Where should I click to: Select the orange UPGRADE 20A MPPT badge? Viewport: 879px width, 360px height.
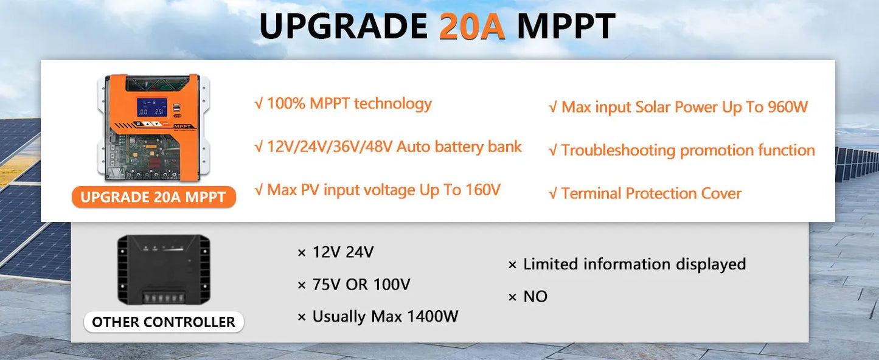click(153, 197)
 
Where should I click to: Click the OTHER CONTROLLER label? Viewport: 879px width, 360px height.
click(164, 322)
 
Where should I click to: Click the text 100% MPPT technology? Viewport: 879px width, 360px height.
click(349, 104)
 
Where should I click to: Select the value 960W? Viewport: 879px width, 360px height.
click(787, 108)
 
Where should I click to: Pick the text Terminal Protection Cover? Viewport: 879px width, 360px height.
click(651, 193)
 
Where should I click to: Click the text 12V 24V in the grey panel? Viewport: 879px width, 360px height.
click(342, 252)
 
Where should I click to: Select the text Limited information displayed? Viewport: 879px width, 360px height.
click(634, 264)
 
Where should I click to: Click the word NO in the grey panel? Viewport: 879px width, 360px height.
click(535, 297)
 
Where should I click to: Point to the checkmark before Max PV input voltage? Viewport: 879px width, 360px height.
click(259, 190)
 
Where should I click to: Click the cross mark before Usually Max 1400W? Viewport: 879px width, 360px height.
click(301, 317)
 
